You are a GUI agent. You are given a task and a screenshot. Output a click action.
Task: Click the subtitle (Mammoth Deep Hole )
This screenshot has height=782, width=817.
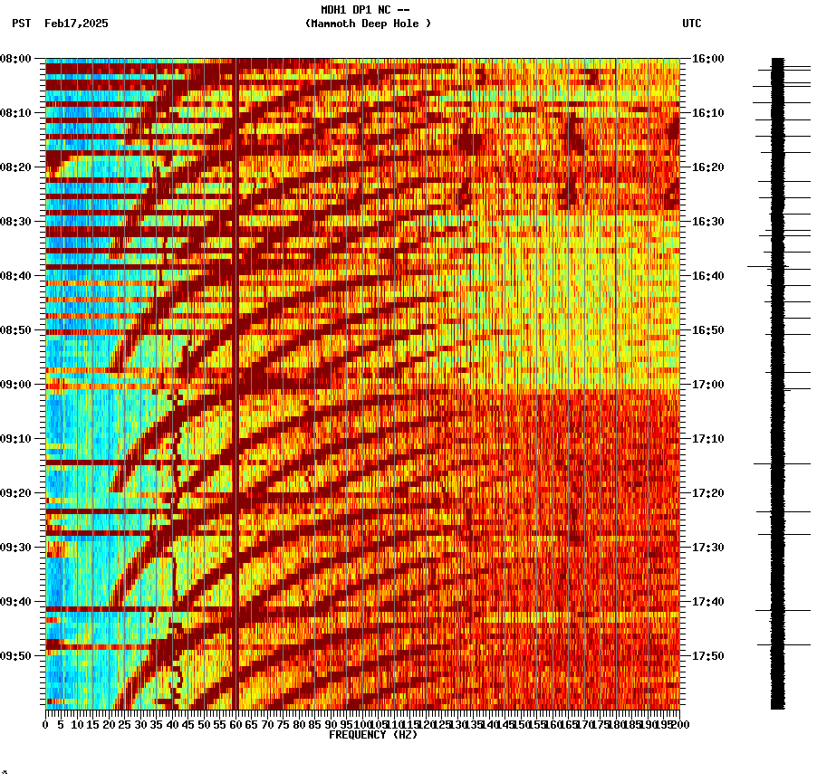tap(368, 24)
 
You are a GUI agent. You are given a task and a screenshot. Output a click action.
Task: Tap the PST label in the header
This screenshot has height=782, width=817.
tap(21, 24)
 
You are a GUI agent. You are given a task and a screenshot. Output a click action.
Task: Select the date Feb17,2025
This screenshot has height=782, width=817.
tap(76, 24)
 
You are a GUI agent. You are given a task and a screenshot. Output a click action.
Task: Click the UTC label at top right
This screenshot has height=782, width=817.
tap(692, 24)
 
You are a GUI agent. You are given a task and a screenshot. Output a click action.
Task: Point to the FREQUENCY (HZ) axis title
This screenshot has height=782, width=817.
tap(373, 735)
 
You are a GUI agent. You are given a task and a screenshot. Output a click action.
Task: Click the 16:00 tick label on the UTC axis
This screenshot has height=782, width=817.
tap(707, 59)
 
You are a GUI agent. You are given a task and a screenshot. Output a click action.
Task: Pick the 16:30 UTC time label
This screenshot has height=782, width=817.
tap(707, 222)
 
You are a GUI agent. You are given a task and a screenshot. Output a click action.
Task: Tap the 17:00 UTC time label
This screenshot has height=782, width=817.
tap(707, 385)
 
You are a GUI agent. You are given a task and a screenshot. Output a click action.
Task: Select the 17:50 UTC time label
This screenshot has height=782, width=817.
tap(707, 656)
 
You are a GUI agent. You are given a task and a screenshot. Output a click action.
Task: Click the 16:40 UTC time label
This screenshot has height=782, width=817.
tap(707, 276)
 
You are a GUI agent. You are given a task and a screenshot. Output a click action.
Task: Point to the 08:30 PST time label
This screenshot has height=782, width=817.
tap(15, 222)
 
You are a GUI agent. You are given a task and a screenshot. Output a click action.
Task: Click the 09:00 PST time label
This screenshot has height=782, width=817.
tap(15, 385)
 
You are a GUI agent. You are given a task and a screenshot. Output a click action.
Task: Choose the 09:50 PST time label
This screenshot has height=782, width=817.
tap(15, 656)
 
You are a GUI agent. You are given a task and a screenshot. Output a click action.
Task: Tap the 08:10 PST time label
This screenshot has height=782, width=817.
tap(15, 113)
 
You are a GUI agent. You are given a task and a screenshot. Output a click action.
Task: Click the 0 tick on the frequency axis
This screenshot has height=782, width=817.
tap(46, 725)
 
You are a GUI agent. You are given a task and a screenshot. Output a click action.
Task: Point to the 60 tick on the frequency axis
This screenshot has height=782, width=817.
tap(235, 725)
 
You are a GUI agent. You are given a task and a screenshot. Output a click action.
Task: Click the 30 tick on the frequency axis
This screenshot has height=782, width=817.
tap(140, 725)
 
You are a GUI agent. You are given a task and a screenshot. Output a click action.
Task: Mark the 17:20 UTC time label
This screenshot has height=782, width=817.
tap(707, 493)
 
